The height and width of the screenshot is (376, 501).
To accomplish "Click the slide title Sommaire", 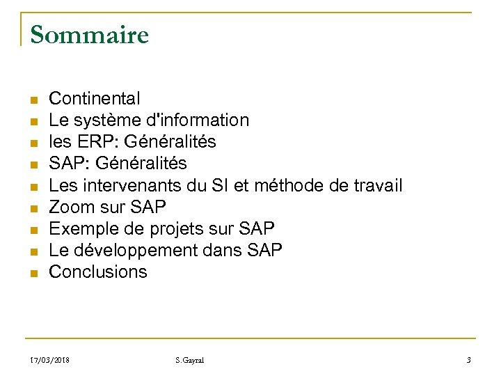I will tap(90, 34).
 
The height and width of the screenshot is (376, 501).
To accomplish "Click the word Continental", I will tap(94, 98).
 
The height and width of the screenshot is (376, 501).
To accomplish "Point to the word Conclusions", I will tap(97, 272).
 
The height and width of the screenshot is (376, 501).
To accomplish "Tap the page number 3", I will tap(469, 361).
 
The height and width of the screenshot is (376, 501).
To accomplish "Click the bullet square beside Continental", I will tap(33, 100).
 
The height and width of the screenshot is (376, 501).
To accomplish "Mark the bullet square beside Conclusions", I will tap(33, 273).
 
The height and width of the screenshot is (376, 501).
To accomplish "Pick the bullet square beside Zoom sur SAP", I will tap(33, 208).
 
